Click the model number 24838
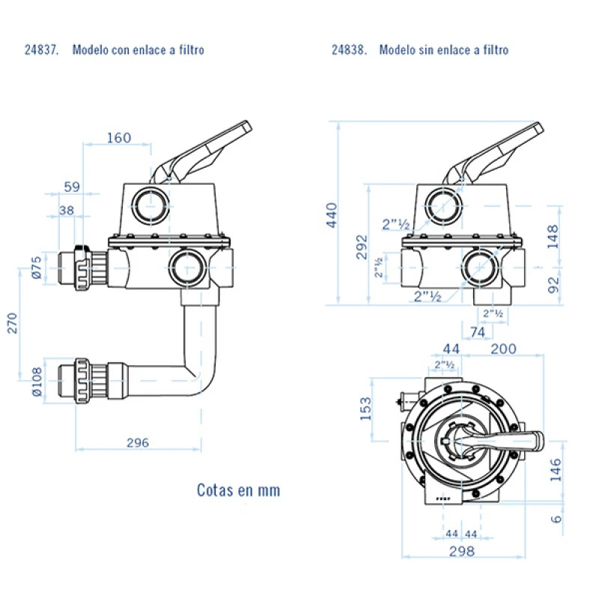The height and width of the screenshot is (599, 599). [x=349, y=50]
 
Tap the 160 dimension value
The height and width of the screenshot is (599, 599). [x=118, y=138]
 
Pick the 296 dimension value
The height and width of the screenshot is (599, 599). [x=137, y=443]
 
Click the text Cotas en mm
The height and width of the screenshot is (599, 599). [x=238, y=490]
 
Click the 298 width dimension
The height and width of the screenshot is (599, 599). [x=461, y=551]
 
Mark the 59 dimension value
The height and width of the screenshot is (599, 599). [x=71, y=186]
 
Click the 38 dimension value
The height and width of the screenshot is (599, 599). [x=67, y=210]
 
